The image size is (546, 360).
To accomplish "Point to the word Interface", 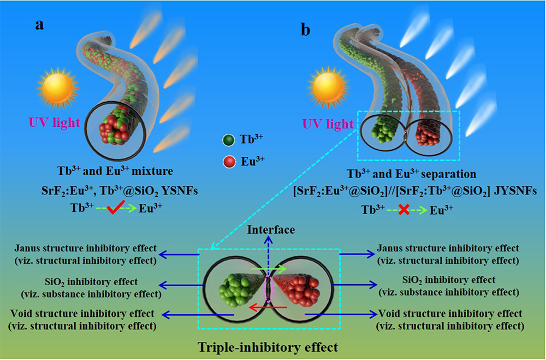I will point(271,229).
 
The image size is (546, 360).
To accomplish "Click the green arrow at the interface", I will point(271,269).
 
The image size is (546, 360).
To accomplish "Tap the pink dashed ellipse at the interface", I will point(268,288).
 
